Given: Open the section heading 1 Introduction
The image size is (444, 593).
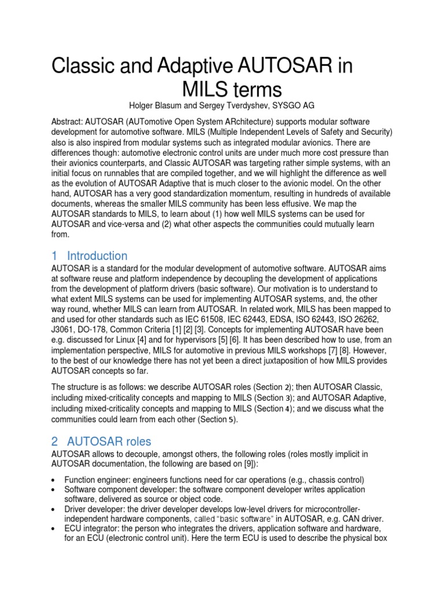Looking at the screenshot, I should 90,256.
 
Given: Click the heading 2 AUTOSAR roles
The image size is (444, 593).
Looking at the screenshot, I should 102,442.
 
